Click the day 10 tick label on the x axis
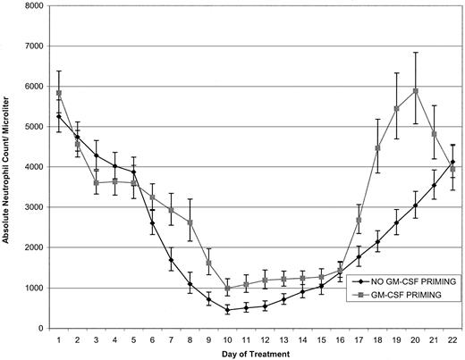pos(228,339)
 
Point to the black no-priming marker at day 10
pos(228,310)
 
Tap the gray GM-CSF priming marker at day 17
pos(359,220)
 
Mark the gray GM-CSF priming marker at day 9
pos(209,263)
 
